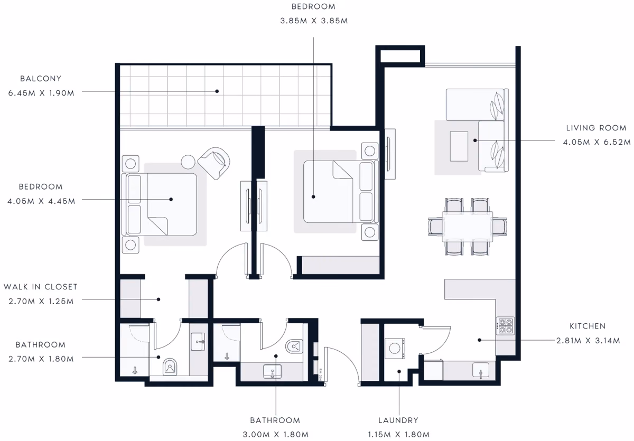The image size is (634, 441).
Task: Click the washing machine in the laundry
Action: coord(395,349)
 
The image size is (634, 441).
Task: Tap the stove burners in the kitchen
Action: coord(505,325)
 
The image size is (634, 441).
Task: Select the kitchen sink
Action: coord(481,370)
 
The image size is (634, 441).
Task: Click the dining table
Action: coord(467,227)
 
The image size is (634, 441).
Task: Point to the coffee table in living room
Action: coord(459,146)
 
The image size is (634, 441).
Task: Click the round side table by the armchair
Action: coord(188,162)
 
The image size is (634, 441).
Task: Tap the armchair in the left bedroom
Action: coord(214,163)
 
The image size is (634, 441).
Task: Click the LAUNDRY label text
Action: coord(398,420)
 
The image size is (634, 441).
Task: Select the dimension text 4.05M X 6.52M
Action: coord(596,142)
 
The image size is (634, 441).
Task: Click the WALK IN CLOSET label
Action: coord(41,287)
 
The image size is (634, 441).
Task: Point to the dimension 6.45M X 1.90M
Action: coord(41,93)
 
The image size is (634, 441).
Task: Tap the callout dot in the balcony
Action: coord(217,91)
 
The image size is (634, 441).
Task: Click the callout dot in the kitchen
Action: coord(480,340)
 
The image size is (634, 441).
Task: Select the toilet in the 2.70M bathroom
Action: coord(170,367)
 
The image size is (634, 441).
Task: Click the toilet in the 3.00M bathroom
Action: coord(294,346)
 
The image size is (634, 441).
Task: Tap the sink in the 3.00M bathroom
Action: coord(272,371)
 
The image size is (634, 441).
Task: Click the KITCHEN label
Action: coord(588,326)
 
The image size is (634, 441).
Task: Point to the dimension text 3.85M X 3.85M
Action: coord(314,21)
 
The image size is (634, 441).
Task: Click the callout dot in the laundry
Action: coord(399,371)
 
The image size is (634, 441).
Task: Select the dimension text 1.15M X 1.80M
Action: coord(399,435)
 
